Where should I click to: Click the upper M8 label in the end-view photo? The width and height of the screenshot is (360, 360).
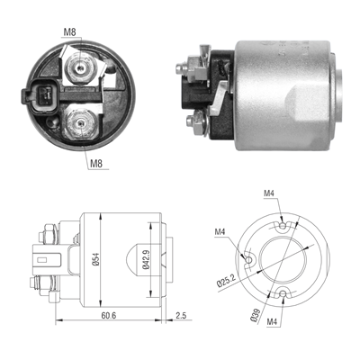tap(70, 33)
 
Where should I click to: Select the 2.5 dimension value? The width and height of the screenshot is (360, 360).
tap(180, 317)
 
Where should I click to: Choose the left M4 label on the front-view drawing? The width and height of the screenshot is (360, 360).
tap(220, 232)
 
